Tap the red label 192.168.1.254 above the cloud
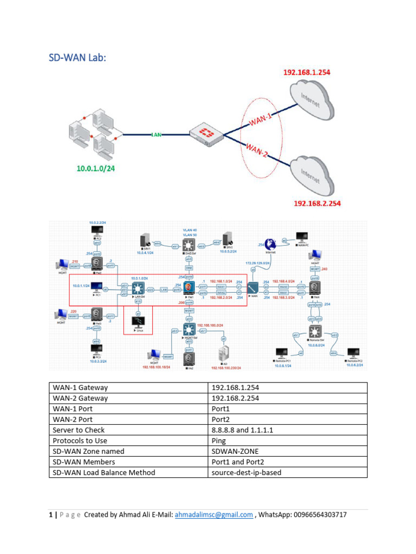[x=307, y=72]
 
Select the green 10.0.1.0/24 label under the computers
[x=95, y=168]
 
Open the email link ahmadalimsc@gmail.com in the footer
[x=213, y=515]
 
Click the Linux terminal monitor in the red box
[x=139, y=323]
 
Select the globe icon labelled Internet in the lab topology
[x=270, y=244]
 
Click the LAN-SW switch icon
[x=141, y=289]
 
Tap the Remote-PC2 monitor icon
[x=354, y=353]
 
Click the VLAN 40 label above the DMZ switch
[x=190, y=230]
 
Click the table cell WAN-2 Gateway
[x=80, y=398]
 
